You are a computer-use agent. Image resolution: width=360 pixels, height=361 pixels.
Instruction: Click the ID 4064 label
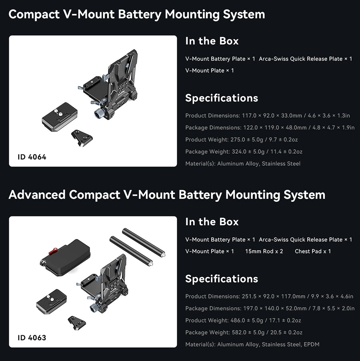(x=32, y=157)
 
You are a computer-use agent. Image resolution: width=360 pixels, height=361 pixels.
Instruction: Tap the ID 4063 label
(x=32, y=338)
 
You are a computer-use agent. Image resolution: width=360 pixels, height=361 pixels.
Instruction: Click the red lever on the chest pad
(x=53, y=251)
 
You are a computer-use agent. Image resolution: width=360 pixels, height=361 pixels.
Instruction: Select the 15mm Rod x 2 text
(x=264, y=251)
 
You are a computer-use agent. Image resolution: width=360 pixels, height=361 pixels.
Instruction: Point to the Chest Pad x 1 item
(x=313, y=251)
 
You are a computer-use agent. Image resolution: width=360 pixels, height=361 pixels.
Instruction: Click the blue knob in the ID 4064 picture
(x=99, y=114)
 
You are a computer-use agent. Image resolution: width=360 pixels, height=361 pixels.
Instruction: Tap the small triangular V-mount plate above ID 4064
(x=82, y=138)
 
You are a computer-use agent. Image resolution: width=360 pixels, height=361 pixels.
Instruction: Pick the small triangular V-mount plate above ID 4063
(x=77, y=323)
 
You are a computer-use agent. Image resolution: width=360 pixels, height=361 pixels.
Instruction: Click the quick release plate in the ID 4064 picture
(x=60, y=117)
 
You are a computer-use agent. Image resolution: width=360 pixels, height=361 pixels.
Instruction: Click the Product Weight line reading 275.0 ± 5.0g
(x=242, y=140)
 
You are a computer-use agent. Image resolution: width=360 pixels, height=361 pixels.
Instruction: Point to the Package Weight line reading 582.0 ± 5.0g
(x=244, y=332)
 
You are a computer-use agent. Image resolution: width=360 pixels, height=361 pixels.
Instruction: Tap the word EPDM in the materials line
(x=312, y=345)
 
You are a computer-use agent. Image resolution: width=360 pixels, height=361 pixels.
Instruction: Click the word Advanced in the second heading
(x=37, y=195)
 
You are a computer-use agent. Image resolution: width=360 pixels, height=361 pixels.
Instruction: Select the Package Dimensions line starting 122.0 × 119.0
(x=270, y=128)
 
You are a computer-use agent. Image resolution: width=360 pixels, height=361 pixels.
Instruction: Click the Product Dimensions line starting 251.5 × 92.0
(x=269, y=296)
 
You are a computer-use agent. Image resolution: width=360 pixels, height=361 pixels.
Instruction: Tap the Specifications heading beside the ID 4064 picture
(x=222, y=98)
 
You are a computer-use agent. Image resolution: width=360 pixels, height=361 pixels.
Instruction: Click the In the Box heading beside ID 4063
(x=212, y=222)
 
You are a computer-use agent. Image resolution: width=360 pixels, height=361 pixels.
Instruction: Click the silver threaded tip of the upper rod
(x=164, y=255)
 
